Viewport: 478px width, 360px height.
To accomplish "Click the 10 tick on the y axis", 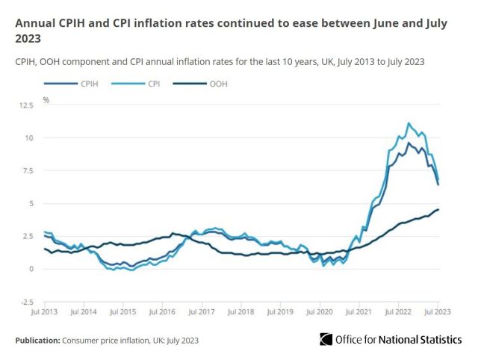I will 29,138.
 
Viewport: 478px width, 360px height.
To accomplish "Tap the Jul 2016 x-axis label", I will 161,311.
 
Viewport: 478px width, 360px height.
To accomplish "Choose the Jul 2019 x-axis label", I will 280,311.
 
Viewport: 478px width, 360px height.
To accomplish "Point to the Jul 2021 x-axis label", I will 359,311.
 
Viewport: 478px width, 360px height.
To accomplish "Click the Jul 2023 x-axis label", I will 438,311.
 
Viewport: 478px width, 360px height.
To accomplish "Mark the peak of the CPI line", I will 409,123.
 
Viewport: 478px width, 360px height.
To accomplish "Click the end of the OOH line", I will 438,209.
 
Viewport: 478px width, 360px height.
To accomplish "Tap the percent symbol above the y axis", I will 46,99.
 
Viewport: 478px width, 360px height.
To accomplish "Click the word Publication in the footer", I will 36,340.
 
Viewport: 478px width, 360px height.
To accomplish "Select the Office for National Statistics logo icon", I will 327,340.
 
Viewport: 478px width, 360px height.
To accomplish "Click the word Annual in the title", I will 35,23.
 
